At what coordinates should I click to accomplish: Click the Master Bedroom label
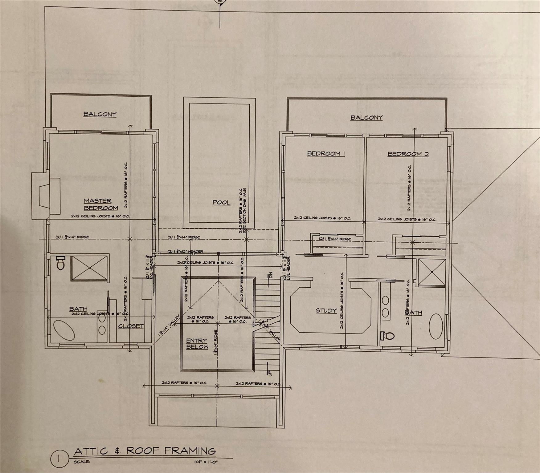click(x=101, y=204)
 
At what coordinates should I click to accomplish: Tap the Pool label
click(x=221, y=202)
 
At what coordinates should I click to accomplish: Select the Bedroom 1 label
click(x=326, y=153)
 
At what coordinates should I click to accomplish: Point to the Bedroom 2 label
click(x=408, y=154)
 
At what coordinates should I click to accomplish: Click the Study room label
click(x=326, y=310)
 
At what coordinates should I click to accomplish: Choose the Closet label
click(x=131, y=326)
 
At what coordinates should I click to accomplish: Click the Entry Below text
click(x=197, y=344)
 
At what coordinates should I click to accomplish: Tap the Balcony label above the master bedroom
click(x=100, y=114)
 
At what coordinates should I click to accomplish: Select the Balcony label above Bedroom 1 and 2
click(x=366, y=118)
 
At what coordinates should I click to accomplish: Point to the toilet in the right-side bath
click(x=387, y=336)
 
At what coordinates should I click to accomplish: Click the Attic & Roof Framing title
click(x=145, y=451)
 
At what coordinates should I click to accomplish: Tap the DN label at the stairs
click(x=270, y=275)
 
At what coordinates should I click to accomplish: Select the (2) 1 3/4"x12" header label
click(x=185, y=252)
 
